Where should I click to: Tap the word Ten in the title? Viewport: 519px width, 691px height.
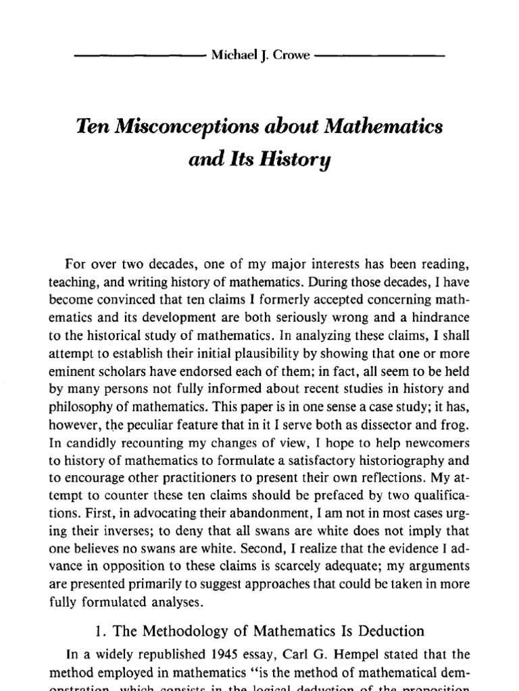[92, 128]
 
